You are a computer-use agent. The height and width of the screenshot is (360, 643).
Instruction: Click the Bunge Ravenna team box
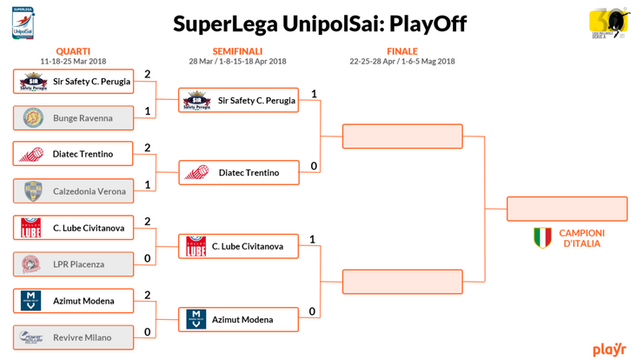point(74,117)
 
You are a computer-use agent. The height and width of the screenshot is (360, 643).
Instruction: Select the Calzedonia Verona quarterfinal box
point(74,191)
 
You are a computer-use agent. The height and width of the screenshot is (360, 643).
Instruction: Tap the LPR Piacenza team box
point(74,264)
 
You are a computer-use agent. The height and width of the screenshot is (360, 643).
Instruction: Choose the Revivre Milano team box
point(74,337)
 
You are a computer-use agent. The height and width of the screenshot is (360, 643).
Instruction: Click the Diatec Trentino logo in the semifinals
point(196,173)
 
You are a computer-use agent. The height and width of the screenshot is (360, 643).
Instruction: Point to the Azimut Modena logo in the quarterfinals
point(32,301)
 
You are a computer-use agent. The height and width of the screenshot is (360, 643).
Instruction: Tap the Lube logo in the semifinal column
point(196,246)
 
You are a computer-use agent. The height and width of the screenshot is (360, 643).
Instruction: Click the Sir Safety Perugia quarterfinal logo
point(33,82)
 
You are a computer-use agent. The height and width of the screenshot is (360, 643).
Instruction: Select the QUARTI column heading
point(73,51)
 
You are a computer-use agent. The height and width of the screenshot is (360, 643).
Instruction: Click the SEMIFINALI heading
point(237,51)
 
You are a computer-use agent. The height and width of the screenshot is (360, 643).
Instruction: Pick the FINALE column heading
point(401,51)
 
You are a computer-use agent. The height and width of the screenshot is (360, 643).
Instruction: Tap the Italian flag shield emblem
point(542,237)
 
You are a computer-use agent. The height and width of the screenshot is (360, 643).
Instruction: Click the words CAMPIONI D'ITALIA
point(581,238)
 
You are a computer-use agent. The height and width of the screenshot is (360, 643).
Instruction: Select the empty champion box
point(567,209)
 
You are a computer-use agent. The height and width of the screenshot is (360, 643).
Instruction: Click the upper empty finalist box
point(402,137)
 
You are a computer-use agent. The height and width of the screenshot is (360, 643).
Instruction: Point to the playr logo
point(609,349)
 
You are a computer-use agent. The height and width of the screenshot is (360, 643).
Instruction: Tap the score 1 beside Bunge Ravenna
point(148,111)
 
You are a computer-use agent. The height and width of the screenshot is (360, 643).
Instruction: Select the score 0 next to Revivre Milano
point(148,331)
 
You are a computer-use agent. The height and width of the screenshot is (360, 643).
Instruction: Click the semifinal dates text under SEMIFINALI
point(237,62)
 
